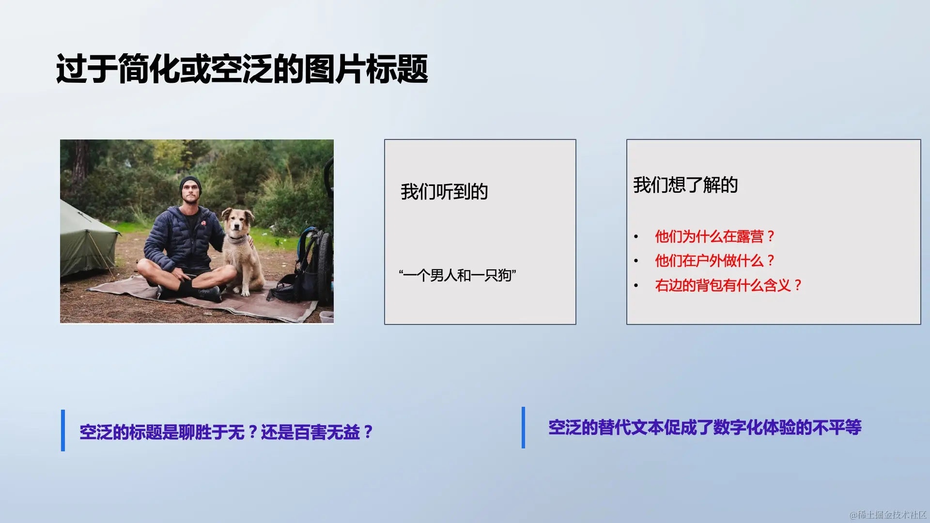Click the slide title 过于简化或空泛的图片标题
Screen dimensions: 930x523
click(242, 68)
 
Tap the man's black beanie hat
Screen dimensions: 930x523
click(190, 185)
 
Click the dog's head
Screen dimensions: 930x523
click(238, 222)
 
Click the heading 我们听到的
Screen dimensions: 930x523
click(444, 192)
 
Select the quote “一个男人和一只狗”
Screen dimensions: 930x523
click(457, 276)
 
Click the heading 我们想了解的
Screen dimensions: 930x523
click(685, 185)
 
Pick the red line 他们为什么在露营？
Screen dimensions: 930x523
click(714, 236)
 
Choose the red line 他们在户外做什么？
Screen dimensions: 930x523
click(714, 261)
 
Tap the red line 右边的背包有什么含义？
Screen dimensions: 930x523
click(728, 285)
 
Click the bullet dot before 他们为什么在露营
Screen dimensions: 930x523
click(636, 237)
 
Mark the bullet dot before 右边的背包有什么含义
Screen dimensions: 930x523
click(636, 286)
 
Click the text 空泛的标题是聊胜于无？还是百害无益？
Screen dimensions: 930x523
click(226, 432)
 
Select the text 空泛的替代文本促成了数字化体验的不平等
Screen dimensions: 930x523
click(705, 428)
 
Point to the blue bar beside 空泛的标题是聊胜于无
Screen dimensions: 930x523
click(63, 431)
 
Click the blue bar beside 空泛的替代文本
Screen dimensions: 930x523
click(523, 428)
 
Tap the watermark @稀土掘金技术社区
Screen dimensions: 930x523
click(888, 515)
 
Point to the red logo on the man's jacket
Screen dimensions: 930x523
click(204, 223)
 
